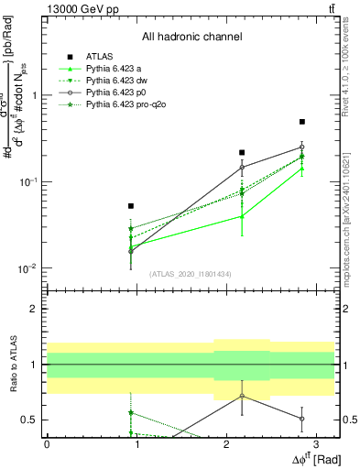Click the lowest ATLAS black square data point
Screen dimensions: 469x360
[x=131, y=206]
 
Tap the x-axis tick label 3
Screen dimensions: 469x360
[x=316, y=442]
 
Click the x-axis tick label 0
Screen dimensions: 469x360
[x=47, y=442]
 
